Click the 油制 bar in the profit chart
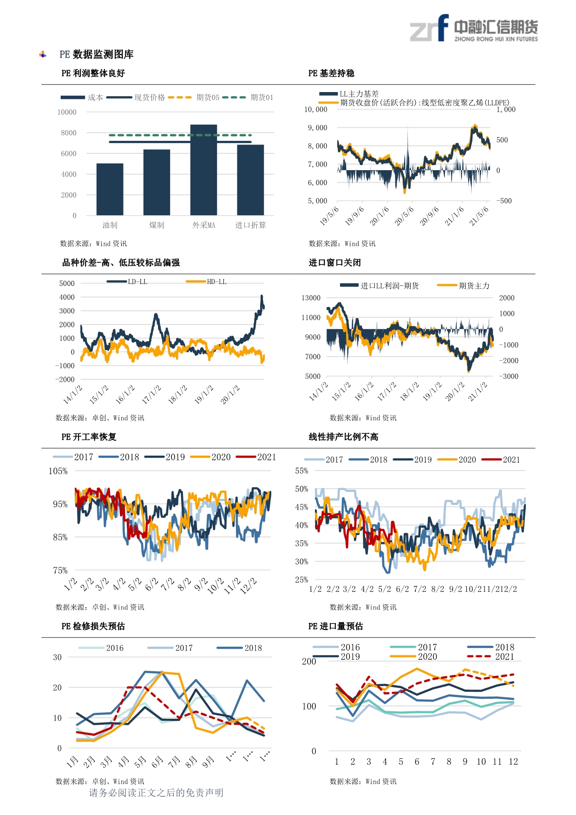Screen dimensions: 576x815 coord(110,189)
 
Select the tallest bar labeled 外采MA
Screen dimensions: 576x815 coord(203,170)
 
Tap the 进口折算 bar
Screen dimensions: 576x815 coord(250,180)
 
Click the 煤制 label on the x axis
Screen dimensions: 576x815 coord(157,225)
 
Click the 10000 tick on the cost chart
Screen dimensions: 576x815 coord(67,112)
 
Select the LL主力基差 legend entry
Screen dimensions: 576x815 coord(349,94)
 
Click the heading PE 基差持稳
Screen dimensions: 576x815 coord(331,73)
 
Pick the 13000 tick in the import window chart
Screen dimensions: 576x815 coord(311,298)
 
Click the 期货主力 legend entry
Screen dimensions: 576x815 coord(464,285)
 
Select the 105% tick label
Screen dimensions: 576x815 coord(58,471)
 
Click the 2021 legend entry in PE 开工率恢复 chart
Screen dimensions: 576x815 coord(256,457)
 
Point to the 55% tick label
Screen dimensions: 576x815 coord(301,470)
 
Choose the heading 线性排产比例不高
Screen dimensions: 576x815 coord(343,437)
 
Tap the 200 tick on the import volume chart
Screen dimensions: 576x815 coord(309,661)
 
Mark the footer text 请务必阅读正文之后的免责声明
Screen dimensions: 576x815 coord(156,793)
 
